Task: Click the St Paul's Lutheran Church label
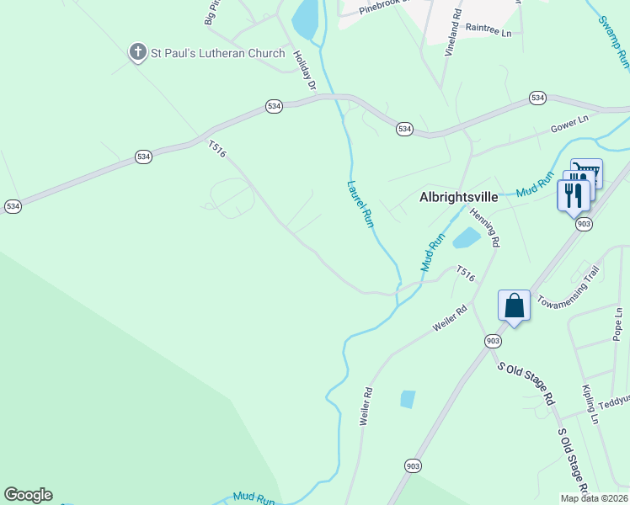[217, 54]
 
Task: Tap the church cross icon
[137, 53]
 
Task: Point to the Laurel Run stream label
[360, 204]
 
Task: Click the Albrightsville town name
[462, 197]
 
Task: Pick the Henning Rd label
[485, 227]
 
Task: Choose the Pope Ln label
[618, 324]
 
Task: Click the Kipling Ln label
[590, 404]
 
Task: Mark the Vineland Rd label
[456, 25]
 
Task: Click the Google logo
[28, 495]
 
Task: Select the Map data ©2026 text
[594, 498]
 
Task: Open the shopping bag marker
[514, 306]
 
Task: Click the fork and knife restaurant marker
[571, 196]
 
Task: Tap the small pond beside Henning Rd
[466, 239]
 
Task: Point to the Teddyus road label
[614, 402]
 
